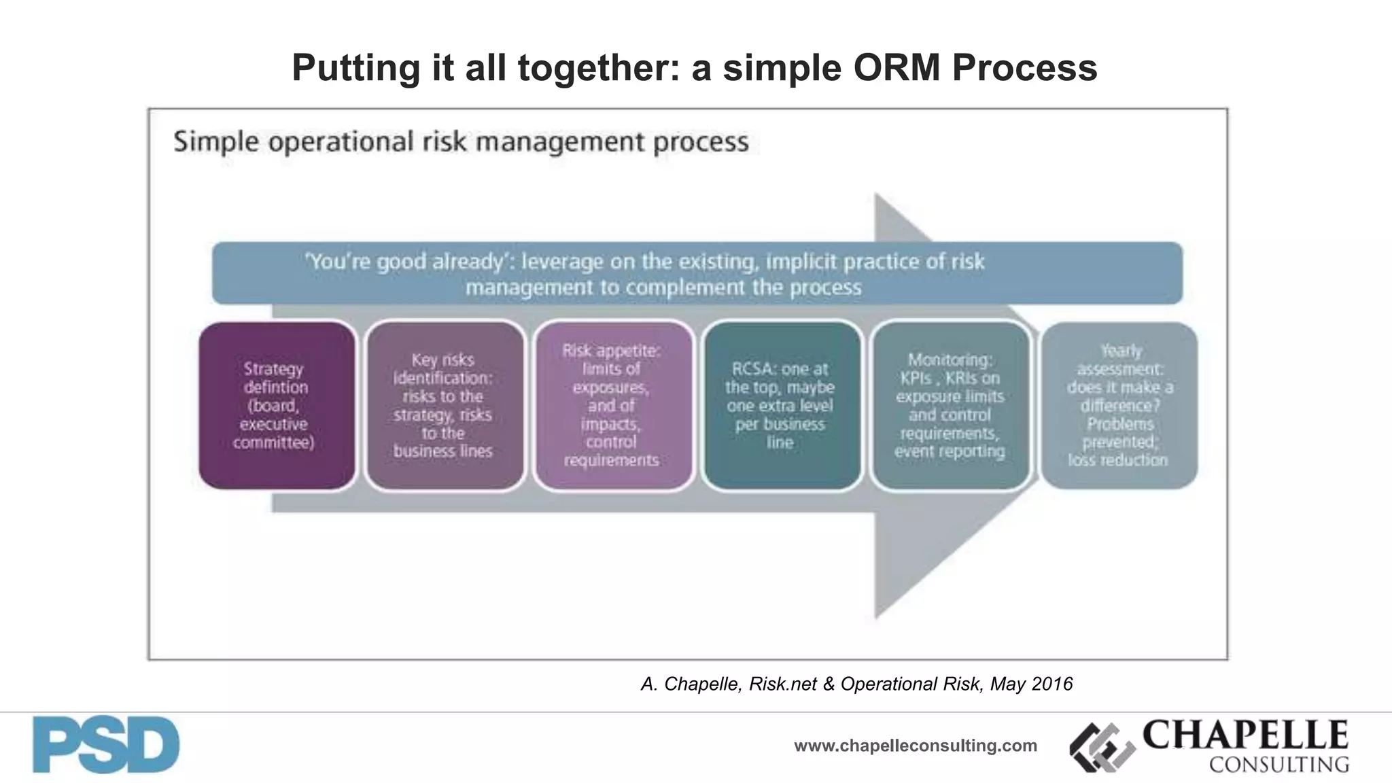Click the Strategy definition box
pos(277,406)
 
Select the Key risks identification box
pos(445,406)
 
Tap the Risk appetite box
pos(612,406)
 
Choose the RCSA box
pos(781,406)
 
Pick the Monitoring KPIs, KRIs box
pos(950,406)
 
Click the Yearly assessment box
pos(1119,406)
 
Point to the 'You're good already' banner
pos(697,273)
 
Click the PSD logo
pos(106,745)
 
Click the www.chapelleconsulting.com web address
pos(915,746)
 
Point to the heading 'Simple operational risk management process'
pos(461,142)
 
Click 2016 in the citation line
pos(1051,684)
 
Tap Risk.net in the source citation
pos(782,684)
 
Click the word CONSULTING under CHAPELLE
pos(1278,765)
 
